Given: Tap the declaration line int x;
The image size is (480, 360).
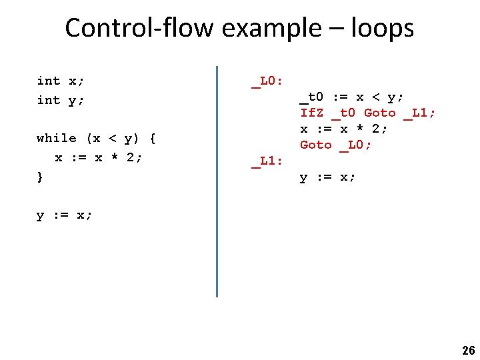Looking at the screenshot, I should (61, 81).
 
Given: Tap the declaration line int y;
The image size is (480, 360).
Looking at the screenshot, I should (61, 100).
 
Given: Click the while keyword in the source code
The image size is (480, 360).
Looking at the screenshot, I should (57, 138).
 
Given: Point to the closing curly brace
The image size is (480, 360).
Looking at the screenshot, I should (40, 177).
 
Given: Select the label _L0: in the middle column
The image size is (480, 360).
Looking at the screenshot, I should (267, 81).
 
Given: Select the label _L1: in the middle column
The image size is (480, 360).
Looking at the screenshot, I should (267, 161).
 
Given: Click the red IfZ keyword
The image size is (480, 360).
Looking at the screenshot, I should (312, 113).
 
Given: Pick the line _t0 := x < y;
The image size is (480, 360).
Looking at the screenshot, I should (351, 97).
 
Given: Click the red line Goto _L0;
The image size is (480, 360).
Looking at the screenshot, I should (335, 145).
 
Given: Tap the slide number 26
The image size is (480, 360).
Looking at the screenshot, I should (468, 351).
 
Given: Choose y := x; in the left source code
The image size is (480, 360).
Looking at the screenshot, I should (65, 215).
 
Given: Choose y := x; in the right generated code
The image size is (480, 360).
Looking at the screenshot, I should (328, 177).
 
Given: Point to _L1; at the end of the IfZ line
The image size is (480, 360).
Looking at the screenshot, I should (419, 113).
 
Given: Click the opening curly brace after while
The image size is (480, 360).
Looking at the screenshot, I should (153, 138).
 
